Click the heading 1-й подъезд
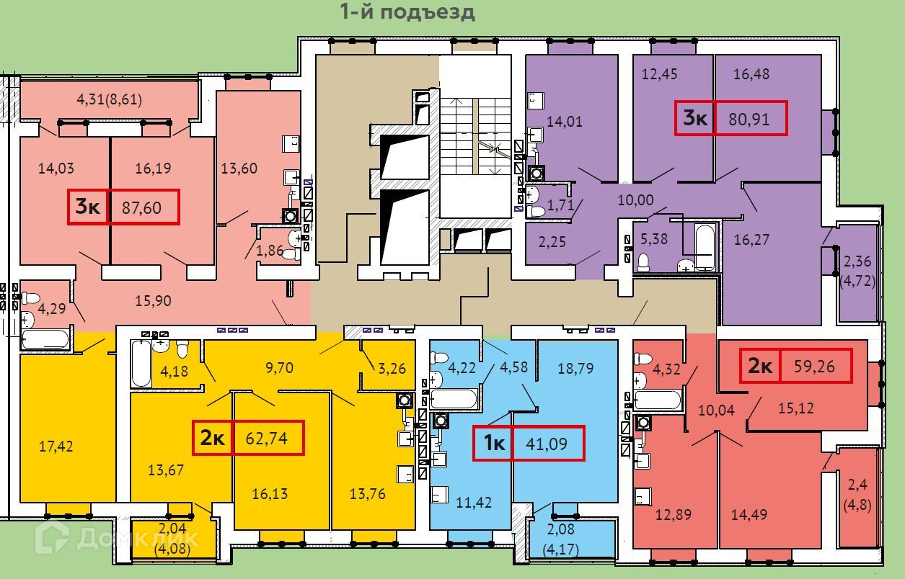(x=407, y=12)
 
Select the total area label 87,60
(x=141, y=208)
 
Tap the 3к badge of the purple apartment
(x=695, y=118)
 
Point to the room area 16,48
(x=751, y=74)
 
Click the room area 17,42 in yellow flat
(x=56, y=446)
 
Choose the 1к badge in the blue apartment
(x=494, y=443)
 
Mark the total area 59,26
(x=814, y=366)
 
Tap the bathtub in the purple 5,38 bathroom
(x=705, y=246)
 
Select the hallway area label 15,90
(x=153, y=300)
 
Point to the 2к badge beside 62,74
(x=213, y=437)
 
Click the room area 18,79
(x=575, y=368)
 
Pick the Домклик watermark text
(x=138, y=538)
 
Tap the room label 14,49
(x=749, y=514)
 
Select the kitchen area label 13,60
(x=239, y=169)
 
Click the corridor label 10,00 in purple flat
(x=635, y=199)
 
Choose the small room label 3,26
(x=392, y=368)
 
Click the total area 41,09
(x=546, y=444)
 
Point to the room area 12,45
(x=659, y=74)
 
